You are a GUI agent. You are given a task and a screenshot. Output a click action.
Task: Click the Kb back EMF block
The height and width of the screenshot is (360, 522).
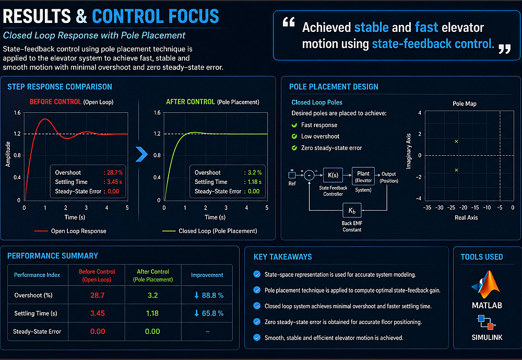pyautogui.click(x=351, y=211)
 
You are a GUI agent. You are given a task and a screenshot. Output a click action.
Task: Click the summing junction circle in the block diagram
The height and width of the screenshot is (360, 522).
pyautogui.click(x=310, y=176)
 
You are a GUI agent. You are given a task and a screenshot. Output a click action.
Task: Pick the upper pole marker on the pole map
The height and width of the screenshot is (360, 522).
pyautogui.click(x=456, y=142)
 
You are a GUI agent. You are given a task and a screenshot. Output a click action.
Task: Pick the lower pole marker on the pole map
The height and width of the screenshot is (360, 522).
pyautogui.click(x=456, y=170)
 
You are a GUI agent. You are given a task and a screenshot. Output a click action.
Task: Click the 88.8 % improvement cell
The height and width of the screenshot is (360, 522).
pyautogui.click(x=208, y=295)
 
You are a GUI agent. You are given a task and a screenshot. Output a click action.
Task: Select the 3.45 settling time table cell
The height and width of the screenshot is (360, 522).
pyautogui.click(x=98, y=313)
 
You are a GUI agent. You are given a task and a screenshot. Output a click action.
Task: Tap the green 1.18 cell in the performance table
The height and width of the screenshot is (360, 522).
pyautogui.click(x=152, y=313)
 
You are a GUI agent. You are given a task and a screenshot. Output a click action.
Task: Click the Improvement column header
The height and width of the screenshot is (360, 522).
pyautogui.click(x=207, y=275)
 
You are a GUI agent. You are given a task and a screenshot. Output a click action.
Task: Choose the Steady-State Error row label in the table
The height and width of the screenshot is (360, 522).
pyautogui.click(x=37, y=331)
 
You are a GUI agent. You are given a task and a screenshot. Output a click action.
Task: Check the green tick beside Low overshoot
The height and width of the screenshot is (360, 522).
pyautogui.click(x=295, y=136)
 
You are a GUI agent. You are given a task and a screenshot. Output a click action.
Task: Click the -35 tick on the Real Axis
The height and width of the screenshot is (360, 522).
pyautogui.click(x=427, y=208)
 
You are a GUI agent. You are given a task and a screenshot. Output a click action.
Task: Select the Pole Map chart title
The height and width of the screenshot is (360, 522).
pyautogui.click(x=464, y=104)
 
